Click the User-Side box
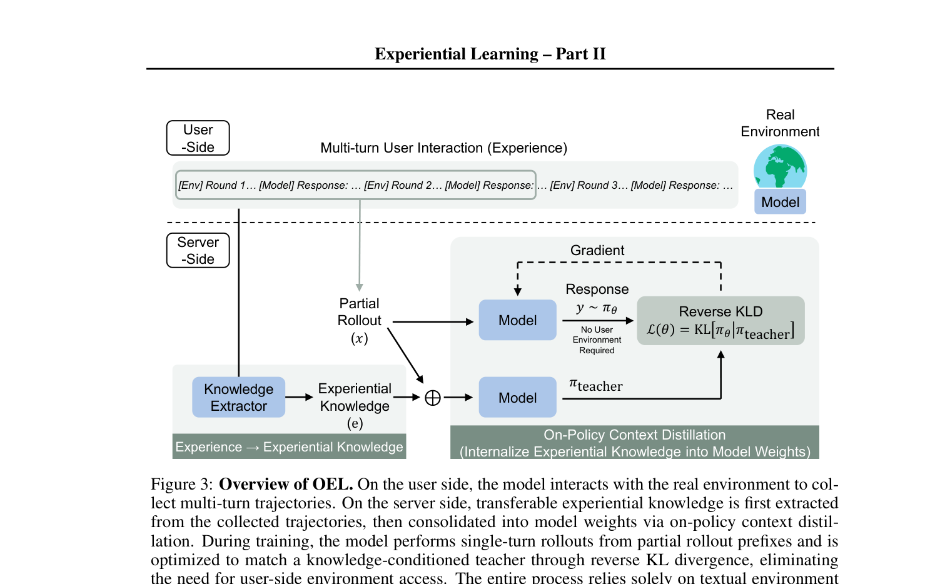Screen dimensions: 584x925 pos(198,138)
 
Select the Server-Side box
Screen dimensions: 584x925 pos(198,250)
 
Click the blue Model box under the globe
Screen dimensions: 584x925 pos(780,202)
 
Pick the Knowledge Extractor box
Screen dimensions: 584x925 pos(238,397)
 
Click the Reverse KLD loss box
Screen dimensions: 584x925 pos(720,321)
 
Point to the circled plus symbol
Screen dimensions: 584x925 pos(433,398)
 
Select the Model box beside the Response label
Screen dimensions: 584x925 pos(517,320)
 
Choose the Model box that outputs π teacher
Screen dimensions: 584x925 pos(517,398)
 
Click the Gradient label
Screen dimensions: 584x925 pos(597,250)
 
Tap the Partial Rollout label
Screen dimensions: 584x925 pos(359,312)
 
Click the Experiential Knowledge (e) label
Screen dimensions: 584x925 pos(355,405)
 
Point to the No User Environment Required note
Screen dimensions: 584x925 pos(597,340)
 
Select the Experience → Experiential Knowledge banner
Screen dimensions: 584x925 pos(289,447)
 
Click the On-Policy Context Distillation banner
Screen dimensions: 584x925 pos(634,443)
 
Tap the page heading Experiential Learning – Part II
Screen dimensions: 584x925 pos(490,54)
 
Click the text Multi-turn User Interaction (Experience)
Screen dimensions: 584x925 pos(443,148)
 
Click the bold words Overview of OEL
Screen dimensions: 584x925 pos(286,484)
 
